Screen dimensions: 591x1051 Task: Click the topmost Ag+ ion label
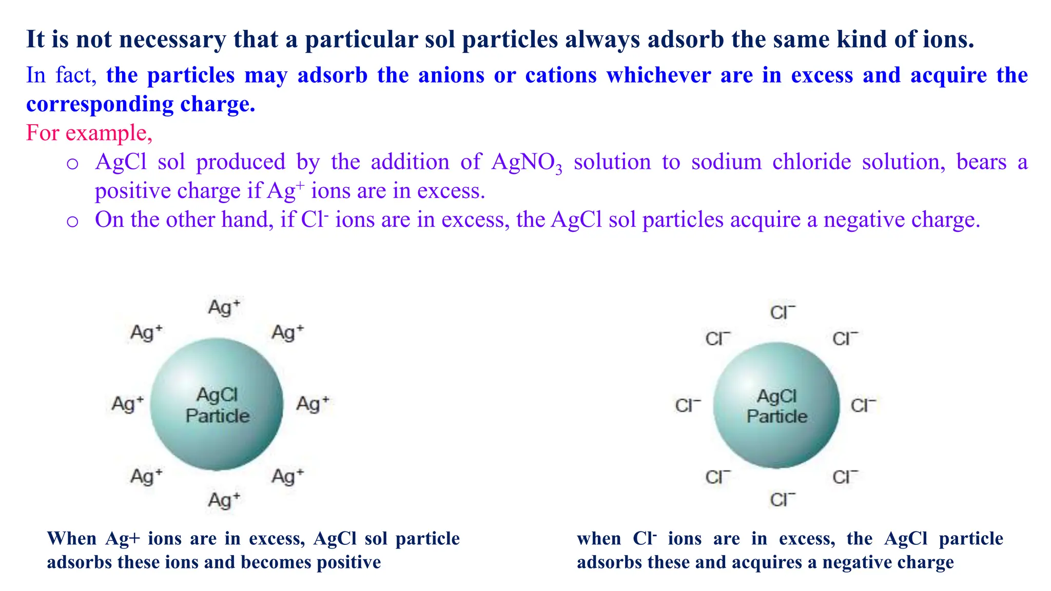[x=224, y=308]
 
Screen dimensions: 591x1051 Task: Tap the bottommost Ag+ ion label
[x=224, y=500]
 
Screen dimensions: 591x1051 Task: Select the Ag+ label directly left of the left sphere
[x=127, y=404]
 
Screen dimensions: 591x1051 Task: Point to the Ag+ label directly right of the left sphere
[x=312, y=404]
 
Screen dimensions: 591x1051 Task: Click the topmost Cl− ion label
[x=782, y=312]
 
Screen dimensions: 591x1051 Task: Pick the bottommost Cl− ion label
[x=782, y=500]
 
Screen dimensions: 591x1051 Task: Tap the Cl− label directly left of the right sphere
[x=688, y=406]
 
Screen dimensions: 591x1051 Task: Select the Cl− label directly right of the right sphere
[x=863, y=406]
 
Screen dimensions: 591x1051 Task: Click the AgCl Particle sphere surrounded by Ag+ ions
[x=217, y=404]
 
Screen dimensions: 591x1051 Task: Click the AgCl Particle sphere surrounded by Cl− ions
[x=776, y=405]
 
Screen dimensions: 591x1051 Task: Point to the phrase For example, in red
[x=89, y=133]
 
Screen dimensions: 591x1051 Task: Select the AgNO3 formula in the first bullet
[x=527, y=163]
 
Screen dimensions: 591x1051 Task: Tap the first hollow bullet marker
[x=72, y=164]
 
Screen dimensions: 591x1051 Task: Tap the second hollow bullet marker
[x=72, y=222]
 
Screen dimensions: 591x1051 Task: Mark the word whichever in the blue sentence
[x=658, y=75]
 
